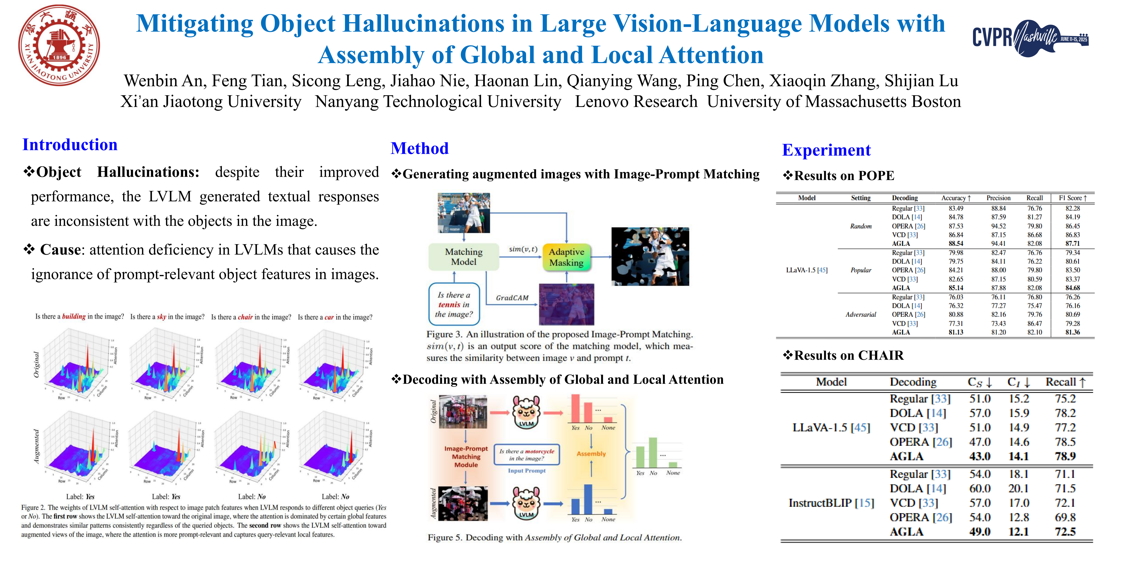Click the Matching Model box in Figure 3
tap(464, 257)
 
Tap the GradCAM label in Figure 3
tap(512, 298)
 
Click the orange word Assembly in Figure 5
tap(591, 454)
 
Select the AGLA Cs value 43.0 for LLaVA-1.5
tap(979, 456)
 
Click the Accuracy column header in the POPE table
tap(955, 198)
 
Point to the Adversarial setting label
tap(861, 315)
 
